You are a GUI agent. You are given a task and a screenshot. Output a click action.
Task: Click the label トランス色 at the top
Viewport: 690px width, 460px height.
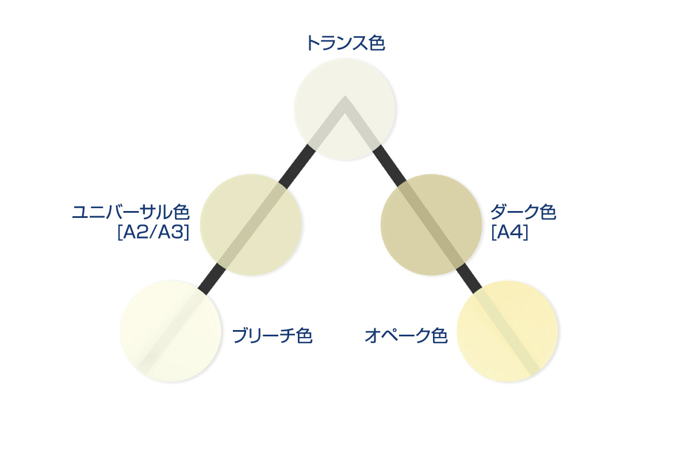click(x=345, y=44)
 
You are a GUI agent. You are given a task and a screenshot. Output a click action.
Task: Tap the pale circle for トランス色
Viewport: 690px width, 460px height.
click(x=345, y=109)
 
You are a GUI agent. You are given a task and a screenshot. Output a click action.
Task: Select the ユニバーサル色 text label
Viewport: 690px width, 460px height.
click(x=131, y=212)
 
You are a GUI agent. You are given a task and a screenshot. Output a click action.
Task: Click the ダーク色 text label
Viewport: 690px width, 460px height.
click(x=523, y=212)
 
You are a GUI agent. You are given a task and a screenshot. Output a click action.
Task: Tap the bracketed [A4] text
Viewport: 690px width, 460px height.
click(x=509, y=233)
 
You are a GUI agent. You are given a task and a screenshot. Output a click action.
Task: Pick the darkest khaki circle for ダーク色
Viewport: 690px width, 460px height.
click(x=431, y=225)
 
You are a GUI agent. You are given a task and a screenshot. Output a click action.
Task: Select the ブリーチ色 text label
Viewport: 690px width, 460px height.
click(x=272, y=336)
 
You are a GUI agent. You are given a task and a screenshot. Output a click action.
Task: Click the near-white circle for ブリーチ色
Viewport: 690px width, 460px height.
click(x=171, y=331)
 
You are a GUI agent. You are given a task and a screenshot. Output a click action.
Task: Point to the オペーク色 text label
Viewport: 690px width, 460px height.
click(x=406, y=336)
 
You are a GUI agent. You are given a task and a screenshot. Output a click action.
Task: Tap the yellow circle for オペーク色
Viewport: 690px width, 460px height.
click(x=508, y=331)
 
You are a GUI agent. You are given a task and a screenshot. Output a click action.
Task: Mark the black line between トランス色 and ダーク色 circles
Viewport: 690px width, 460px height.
click(x=389, y=164)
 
